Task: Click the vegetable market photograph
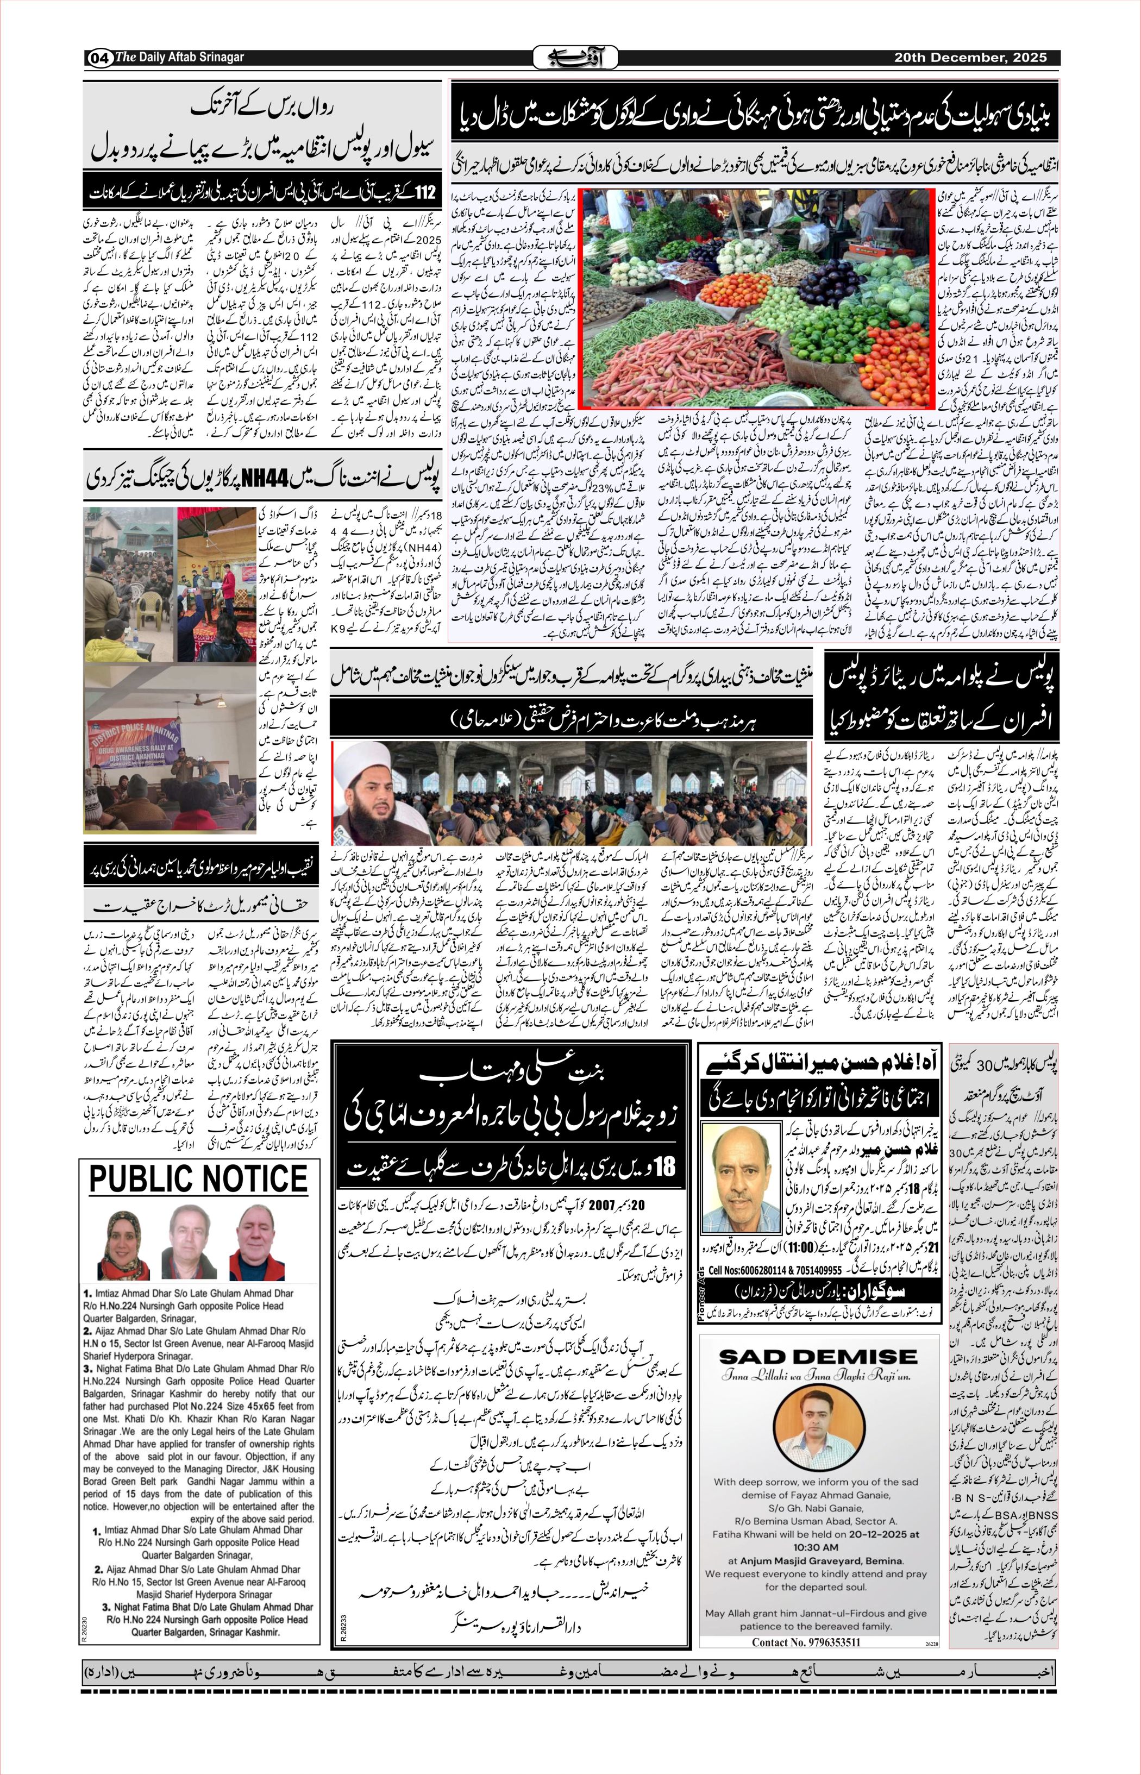[x=756, y=298]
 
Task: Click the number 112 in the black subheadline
[x=425, y=194]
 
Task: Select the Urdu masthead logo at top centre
[x=576, y=57]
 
